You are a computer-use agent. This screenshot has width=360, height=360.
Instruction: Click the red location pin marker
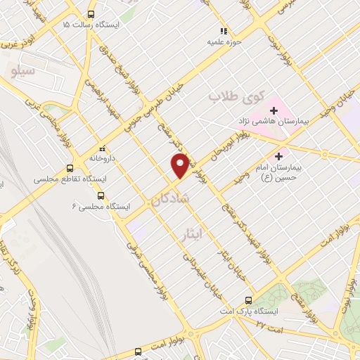tap(181, 165)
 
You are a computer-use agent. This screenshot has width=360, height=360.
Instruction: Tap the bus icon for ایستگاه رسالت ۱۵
tap(91, 15)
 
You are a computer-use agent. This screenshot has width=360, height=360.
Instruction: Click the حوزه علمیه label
tap(224, 41)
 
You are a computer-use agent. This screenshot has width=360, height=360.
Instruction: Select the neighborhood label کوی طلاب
tap(236, 96)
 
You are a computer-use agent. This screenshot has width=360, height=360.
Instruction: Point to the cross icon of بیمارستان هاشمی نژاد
tap(274, 110)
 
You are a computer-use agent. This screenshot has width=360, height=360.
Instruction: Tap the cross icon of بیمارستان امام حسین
tap(279, 155)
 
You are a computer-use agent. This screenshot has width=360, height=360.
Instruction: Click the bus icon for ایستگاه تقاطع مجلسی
tap(69, 168)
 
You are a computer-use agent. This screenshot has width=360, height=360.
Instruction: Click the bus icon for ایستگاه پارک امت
tap(247, 300)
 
